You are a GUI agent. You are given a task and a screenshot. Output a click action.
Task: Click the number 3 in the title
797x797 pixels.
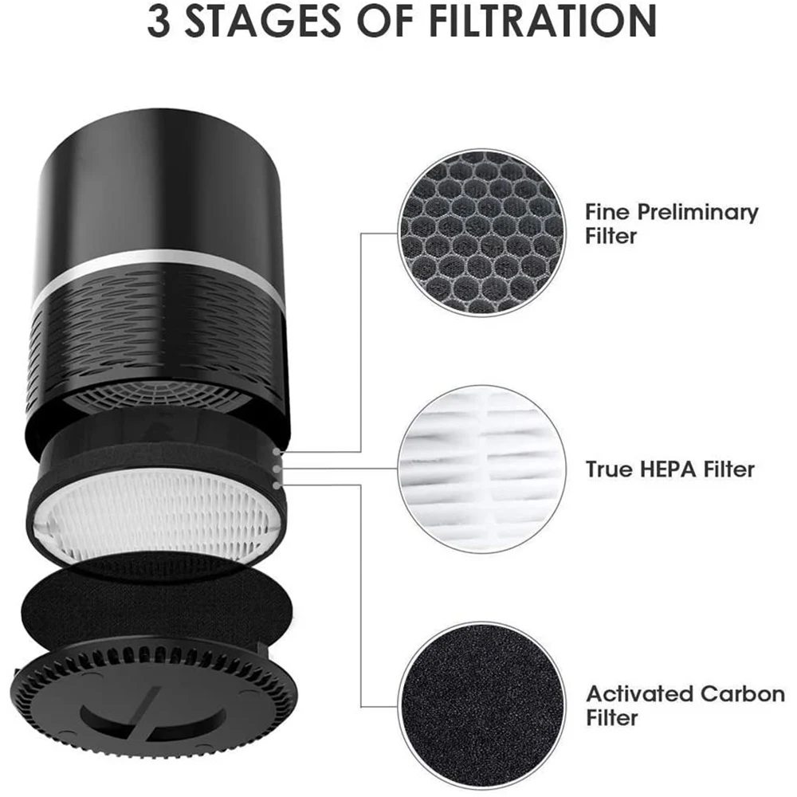(159, 25)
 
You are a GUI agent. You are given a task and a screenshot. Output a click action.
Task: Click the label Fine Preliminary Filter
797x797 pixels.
(671, 224)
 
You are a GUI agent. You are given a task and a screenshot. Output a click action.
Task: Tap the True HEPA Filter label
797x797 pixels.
(669, 469)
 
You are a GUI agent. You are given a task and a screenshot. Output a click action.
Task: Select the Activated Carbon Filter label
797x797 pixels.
(685, 705)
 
